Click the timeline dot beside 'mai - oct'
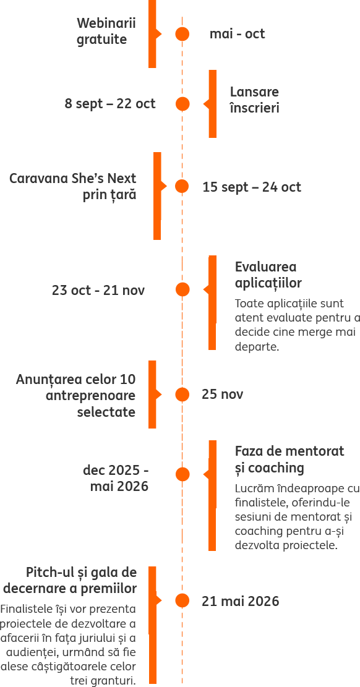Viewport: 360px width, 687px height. pyautogui.click(x=182, y=34)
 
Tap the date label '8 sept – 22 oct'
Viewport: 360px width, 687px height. pyautogui.click(x=110, y=104)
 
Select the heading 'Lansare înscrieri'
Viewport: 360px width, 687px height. pyautogui.click(x=254, y=100)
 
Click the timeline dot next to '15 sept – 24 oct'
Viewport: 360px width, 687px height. pyautogui.click(x=182, y=186)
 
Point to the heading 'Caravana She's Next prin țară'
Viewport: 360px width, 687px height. pyautogui.click(x=73, y=186)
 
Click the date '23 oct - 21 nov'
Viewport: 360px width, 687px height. pyautogui.click(x=98, y=290)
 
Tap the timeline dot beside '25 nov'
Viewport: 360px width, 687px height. pyautogui.click(x=182, y=395)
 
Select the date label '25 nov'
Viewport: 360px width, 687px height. pyautogui.click(x=222, y=395)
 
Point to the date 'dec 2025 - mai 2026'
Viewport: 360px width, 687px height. pyautogui.click(x=116, y=478)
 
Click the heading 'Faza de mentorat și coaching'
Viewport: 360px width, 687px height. pyautogui.click(x=289, y=459)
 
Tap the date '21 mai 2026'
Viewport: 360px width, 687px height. pyautogui.click(x=240, y=601)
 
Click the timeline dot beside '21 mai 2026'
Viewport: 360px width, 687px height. pyautogui.click(x=182, y=600)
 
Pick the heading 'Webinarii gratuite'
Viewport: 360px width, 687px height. pyautogui.click(x=106, y=31)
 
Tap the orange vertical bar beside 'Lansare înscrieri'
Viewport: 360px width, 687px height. pyautogui.click(x=213, y=104)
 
